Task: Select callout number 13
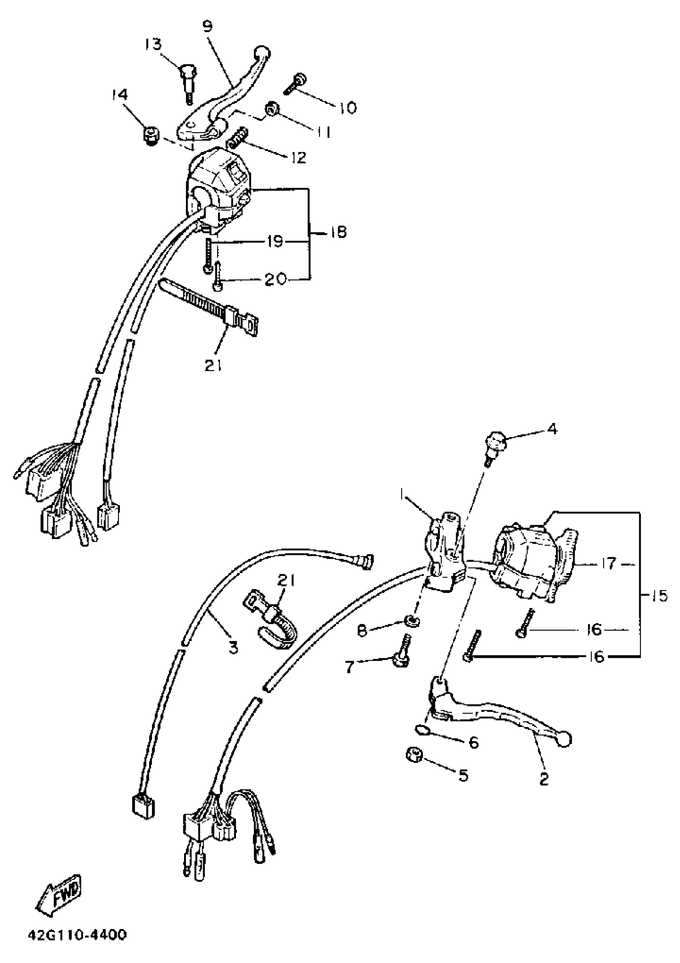pyautogui.click(x=154, y=44)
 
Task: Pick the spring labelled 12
pyautogui.click(x=238, y=138)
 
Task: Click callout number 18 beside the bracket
pyautogui.click(x=336, y=232)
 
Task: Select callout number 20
pyautogui.click(x=275, y=278)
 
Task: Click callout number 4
pyautogui.click(x=552, y=429)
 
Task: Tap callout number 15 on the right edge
pyautogui.click(x=660, y=596)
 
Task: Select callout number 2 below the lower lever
pyautogui.click(x=544, y=779)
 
